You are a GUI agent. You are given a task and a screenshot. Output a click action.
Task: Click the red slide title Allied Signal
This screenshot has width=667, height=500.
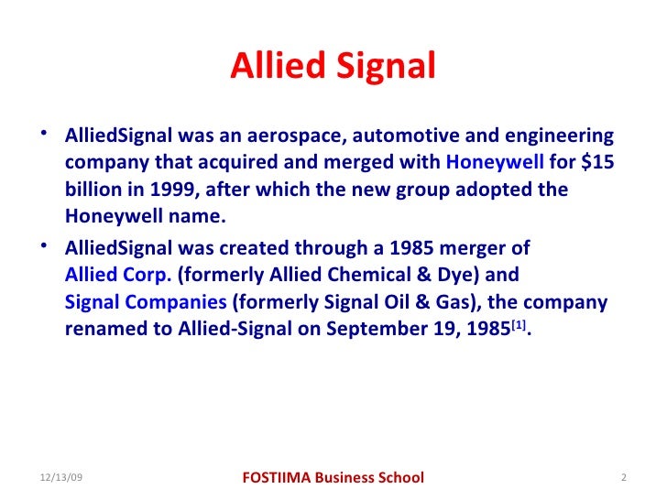[x=333, y=66]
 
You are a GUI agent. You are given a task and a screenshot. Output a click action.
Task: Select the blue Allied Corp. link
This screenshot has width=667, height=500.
[x=118, y=275]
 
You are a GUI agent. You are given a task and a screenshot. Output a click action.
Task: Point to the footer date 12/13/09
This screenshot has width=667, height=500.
[x=61, y=478]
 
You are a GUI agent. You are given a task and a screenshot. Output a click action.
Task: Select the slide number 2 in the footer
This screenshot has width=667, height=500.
[x=622, y=478]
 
